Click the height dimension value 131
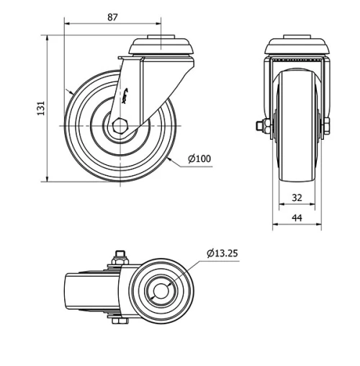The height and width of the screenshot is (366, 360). click(41, 108)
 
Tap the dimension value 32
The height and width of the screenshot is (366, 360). click(296, 197)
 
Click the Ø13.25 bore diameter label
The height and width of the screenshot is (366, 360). click(223, 253)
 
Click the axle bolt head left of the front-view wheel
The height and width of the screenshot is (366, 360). click(261, 128)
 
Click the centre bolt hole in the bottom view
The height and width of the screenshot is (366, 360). click(160, 292)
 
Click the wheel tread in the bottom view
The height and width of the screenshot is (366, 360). click(83, 292)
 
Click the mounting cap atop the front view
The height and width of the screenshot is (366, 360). click(299, 45)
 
